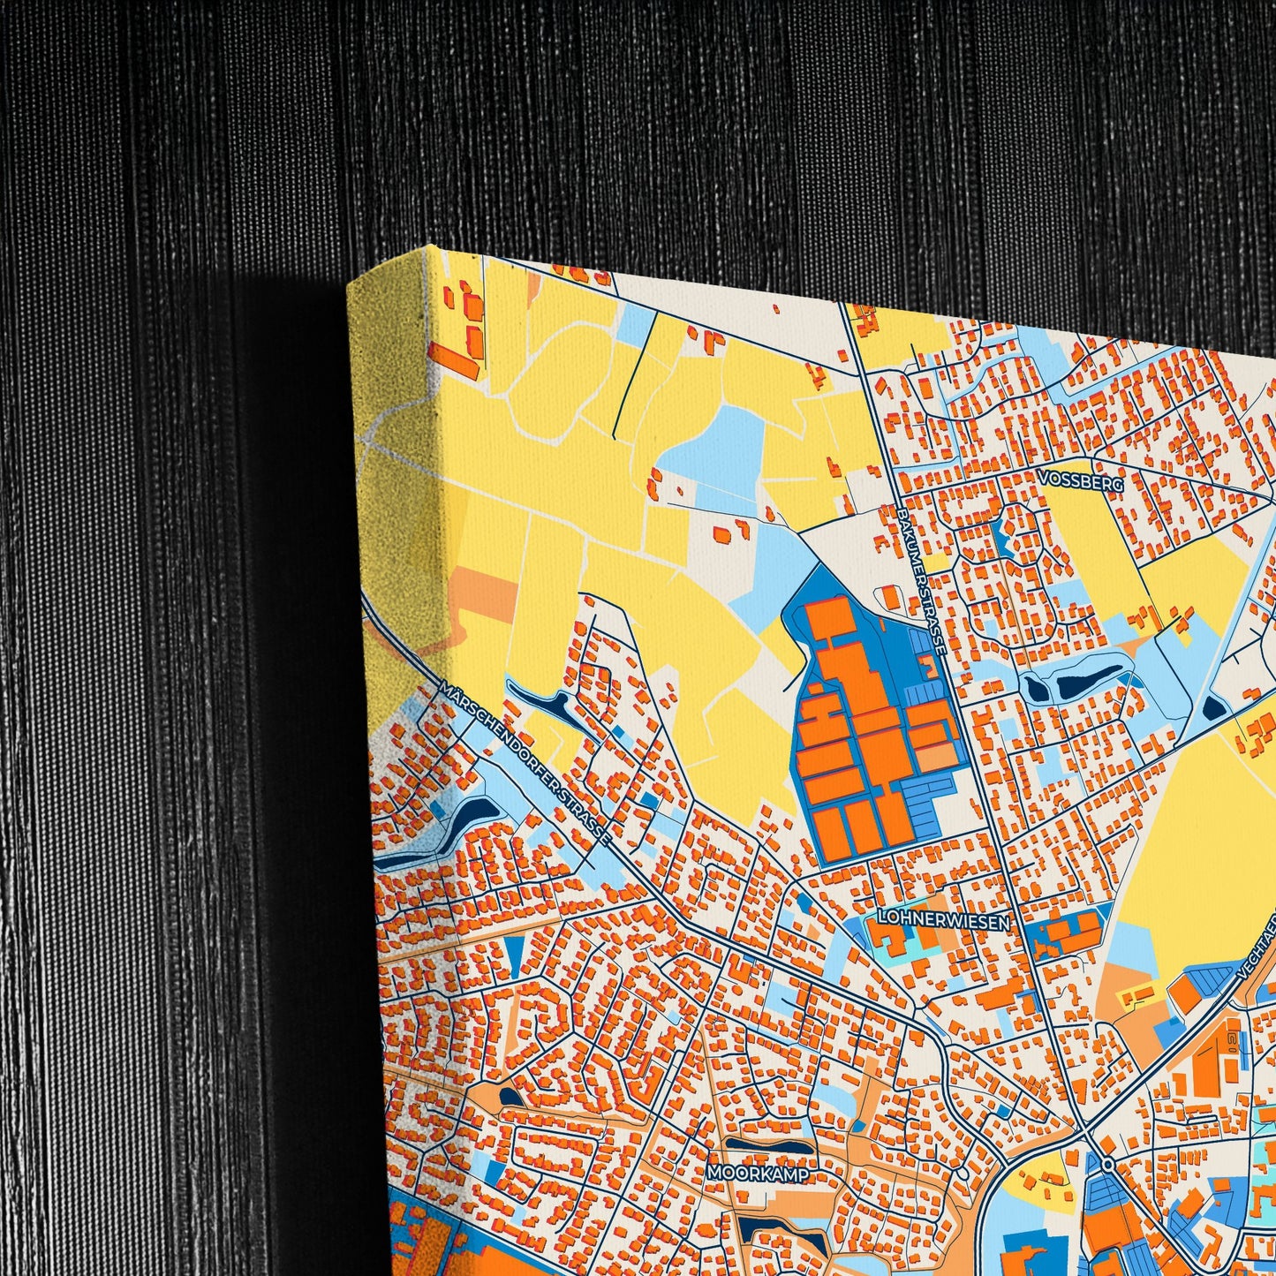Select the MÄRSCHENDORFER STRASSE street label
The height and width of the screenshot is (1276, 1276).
[526, 764]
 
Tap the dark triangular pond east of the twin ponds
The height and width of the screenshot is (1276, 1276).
[1214, 707]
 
